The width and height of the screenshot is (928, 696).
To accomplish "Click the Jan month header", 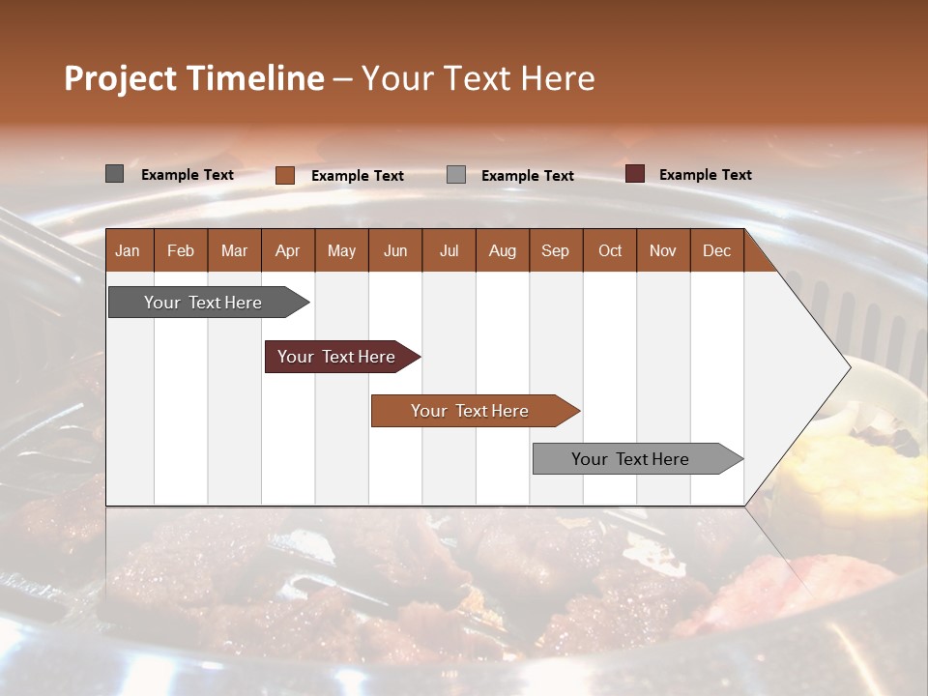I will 128,250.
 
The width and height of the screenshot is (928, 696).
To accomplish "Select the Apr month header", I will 287,250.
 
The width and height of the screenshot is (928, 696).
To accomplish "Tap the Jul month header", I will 449,250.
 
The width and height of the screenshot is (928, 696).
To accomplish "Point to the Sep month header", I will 555,250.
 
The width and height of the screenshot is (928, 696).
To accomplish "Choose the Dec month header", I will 716,250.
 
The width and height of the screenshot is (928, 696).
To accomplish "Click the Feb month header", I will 181,250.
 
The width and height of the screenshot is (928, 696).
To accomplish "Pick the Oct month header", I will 610,250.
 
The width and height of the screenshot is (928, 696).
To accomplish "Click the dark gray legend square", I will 115,174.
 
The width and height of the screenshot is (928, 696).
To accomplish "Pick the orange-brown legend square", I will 285,175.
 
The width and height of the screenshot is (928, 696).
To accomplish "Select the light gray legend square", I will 456,175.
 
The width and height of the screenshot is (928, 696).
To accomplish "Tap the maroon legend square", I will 635,174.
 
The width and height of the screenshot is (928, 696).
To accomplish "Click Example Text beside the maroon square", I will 705,175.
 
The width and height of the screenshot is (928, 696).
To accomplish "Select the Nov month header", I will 663,250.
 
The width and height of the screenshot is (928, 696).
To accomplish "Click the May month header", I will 341,250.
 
